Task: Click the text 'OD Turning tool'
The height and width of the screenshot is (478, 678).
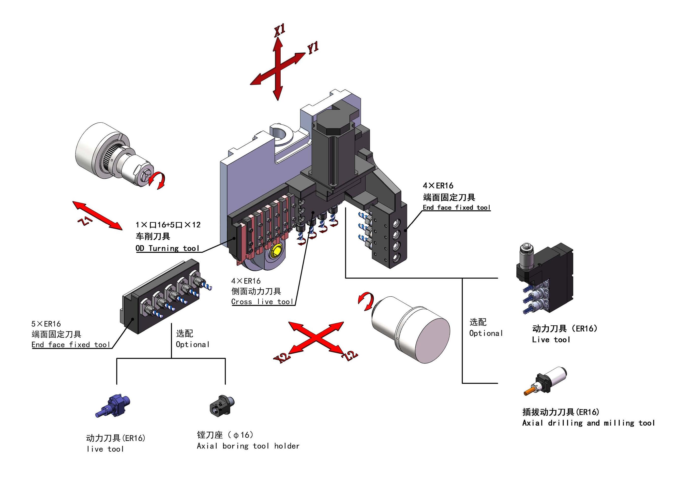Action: point(167,248)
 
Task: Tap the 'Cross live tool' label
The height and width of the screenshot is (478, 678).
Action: point(262,302)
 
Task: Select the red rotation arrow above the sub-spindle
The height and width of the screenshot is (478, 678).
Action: point(366,301)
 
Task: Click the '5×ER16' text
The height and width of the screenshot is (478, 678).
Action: point(46,324)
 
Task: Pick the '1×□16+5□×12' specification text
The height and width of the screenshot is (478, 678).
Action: point(168,225)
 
